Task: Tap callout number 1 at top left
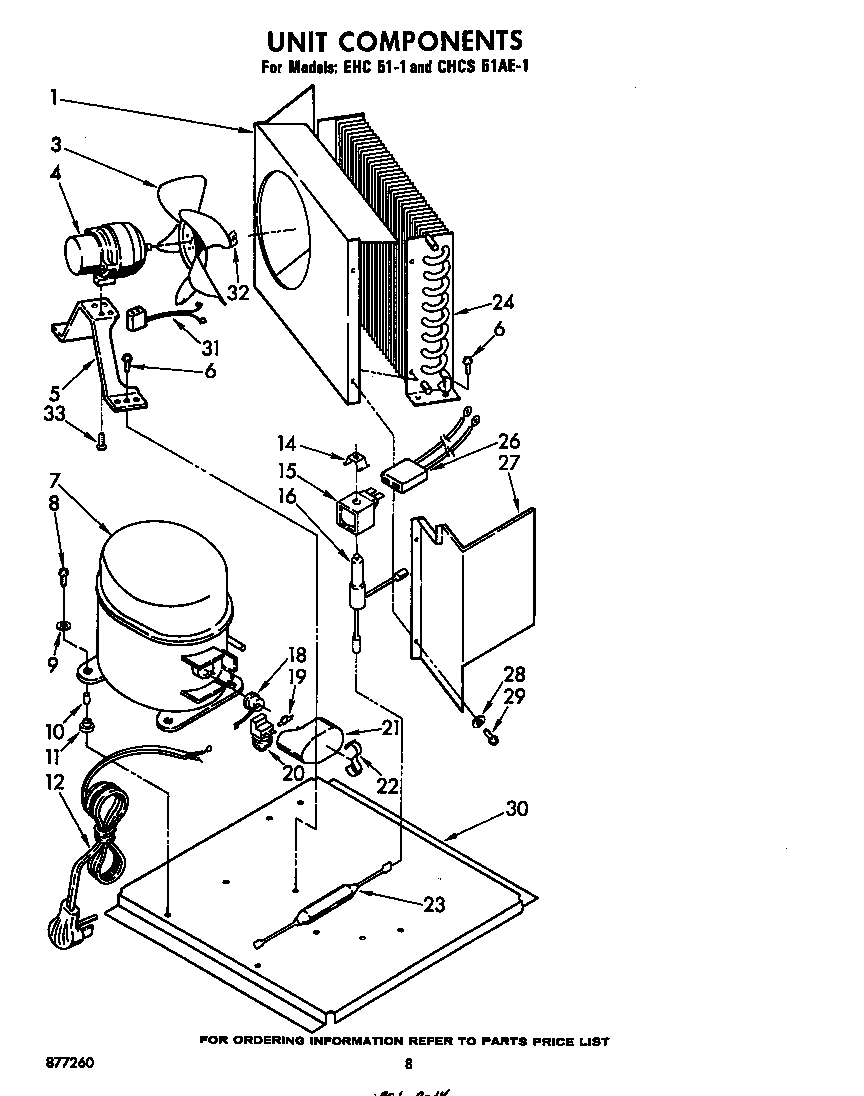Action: pyautogui.click(x=52, y=98)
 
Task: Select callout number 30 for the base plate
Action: pyautogui.click(x=516, y=809)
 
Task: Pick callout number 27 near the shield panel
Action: pyautogui.click(x=510, y=463)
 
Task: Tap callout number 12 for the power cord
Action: pyautogui.click(x=56, y=783)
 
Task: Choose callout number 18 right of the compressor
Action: pyautogui.click(x=296, y=655)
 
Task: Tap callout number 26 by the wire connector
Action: pyautogui.click(x=509, y=440)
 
